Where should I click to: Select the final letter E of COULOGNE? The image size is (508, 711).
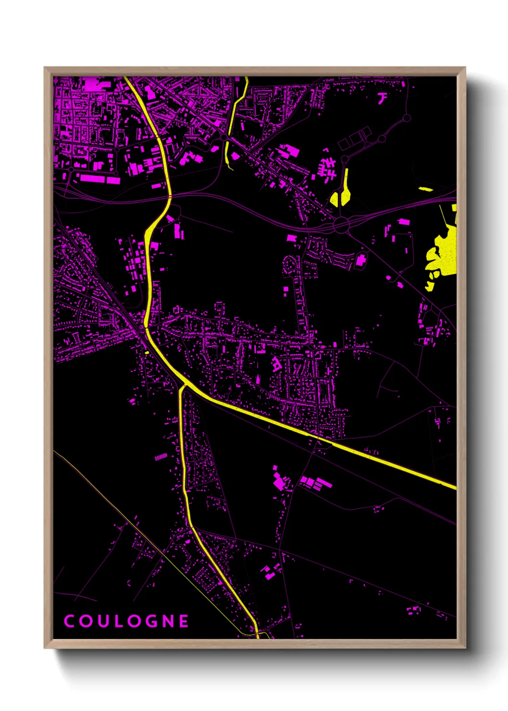tap(183, 621)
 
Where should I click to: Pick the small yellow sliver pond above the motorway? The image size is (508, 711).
tap(425, 189)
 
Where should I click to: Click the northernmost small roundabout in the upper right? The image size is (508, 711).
tap(407, 118)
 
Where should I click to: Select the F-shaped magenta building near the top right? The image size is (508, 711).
tap(382, 98)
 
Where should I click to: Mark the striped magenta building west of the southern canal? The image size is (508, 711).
tap(161, 457)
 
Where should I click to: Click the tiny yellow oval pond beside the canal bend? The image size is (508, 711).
tap(147, 353)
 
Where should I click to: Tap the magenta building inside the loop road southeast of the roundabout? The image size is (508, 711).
tap(361, 261)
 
